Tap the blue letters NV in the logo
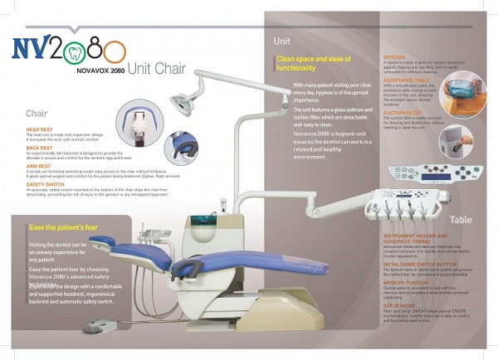pyautogui.click(x=32, y=48)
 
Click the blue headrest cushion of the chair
pyautogui.click(x=101, y=242)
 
